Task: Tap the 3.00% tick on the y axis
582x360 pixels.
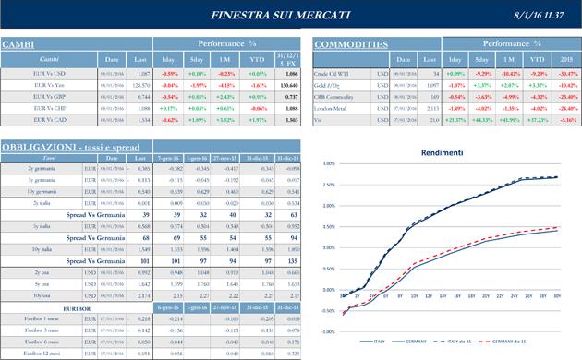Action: pyautogui.click(x=328, y=163)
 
